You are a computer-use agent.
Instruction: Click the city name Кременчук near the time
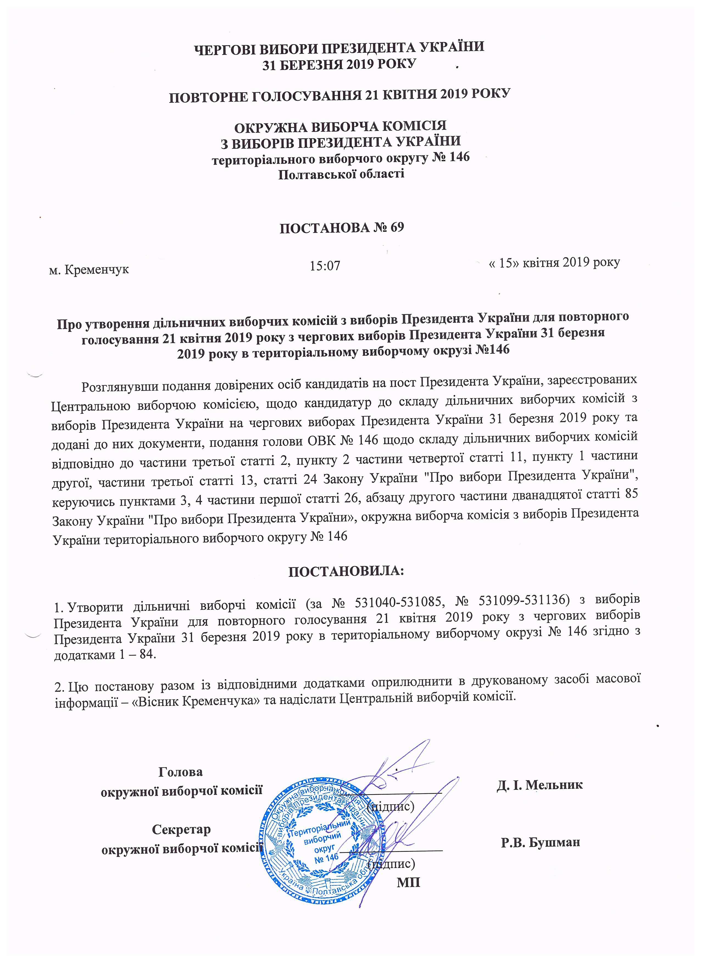click(x=96, y=269)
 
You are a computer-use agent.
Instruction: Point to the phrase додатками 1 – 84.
click(x=105, y=654)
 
